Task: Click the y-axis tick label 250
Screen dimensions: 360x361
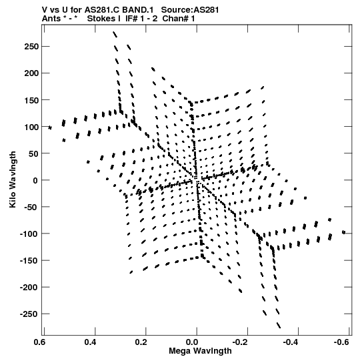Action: coord(31,47)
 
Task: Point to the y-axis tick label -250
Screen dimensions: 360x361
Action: coord(29,314)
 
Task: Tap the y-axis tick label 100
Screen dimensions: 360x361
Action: coord(31,127)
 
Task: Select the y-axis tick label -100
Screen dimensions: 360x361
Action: coord(29,234)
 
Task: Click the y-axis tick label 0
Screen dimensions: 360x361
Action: coord(35,180)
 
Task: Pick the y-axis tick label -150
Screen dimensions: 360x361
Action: coord(29,261)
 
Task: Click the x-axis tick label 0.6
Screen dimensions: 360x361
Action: coord(39,342)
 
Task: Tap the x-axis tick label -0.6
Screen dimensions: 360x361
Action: coord(341,342)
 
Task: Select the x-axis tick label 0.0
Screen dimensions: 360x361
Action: coord(192,342)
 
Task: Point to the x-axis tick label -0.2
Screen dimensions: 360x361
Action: coord(240,342)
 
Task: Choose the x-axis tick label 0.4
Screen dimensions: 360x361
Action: coord(91,342)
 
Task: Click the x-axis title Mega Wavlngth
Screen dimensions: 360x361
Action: coord(200,351)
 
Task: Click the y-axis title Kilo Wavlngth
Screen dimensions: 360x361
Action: coord(13,179)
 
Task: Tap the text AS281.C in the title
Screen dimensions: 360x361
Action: coord(102,9)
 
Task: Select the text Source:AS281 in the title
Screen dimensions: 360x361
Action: coord(190,9)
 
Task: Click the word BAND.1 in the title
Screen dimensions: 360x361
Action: coord(138,9)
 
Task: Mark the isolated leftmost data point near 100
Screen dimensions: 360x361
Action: coord(50,127)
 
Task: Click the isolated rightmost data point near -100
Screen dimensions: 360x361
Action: coord(344,232)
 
